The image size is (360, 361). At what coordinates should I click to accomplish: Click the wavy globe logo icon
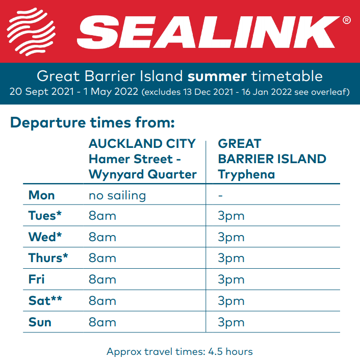(31, 32)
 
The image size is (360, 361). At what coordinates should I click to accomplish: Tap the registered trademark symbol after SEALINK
(347, 20)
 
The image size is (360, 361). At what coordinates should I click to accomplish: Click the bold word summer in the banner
(217, 76)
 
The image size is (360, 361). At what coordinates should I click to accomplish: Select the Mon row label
(41, 195)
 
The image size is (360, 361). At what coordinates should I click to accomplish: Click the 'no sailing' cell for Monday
(117, 196)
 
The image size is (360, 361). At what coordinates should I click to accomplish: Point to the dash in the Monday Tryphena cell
(220, 196)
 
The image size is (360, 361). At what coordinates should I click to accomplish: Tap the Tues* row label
(45, 216)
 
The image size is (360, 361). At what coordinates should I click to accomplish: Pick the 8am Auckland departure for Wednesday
(102, 237)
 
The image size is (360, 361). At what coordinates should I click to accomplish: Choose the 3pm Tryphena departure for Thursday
(231, 259)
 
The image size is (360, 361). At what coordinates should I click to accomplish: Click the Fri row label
(36, 279)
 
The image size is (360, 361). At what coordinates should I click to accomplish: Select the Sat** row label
(45, 301)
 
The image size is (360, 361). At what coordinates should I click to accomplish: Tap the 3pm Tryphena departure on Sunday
(231, 322)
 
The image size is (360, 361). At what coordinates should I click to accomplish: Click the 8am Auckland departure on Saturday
(102, 301)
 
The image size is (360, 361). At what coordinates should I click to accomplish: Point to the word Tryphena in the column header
(246, 174)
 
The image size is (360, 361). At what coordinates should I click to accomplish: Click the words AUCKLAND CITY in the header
(142, 144)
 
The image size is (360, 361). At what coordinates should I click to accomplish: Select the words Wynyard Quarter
(143, 174)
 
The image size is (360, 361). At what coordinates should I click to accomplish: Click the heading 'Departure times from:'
(92, 122)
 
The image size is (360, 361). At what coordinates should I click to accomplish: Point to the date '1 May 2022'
(111, 92)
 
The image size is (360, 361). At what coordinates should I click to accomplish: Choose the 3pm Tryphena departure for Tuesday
(231, 216)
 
